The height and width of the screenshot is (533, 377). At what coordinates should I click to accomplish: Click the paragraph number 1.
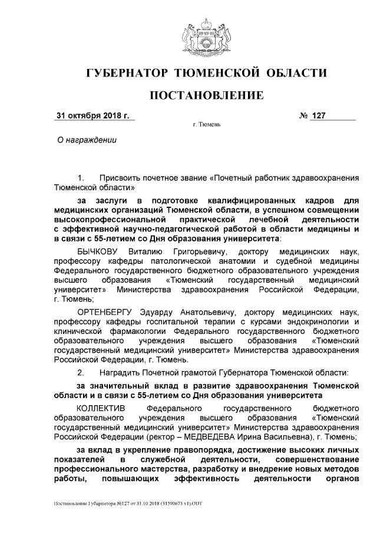81,177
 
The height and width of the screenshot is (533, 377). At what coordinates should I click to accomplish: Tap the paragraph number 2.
81,372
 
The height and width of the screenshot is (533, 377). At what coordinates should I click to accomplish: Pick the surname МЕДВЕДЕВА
266,436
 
